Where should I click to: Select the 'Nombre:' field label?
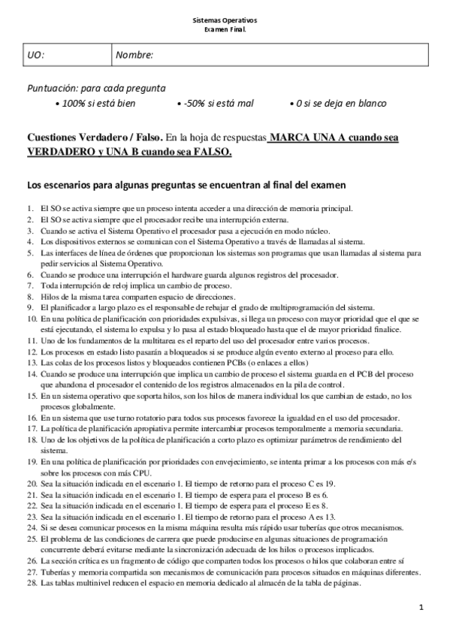point(137,56)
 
